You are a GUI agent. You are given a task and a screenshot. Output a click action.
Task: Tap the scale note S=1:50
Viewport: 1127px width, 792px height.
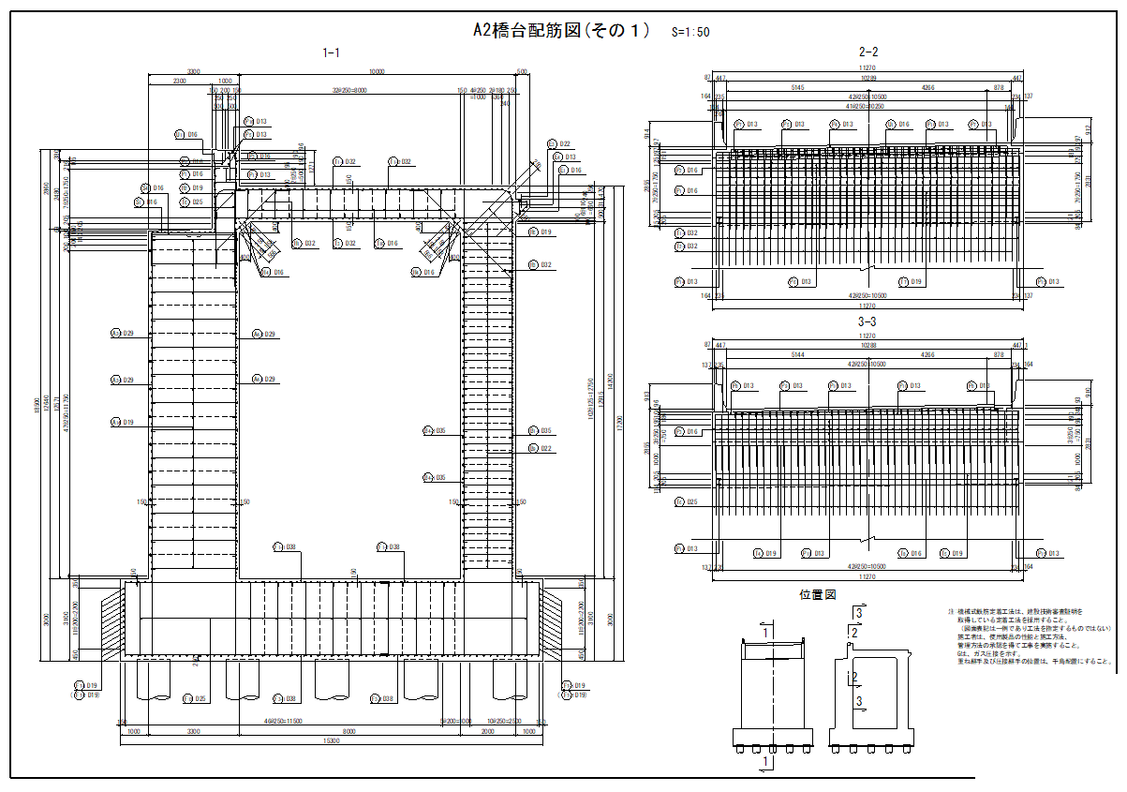coord(690,32)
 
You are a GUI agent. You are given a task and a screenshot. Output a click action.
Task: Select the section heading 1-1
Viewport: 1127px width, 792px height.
coord(331,53)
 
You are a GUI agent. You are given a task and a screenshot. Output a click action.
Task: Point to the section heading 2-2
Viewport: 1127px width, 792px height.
coord(867,52)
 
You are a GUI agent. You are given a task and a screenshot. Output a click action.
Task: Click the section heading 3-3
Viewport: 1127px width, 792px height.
coord(867,321)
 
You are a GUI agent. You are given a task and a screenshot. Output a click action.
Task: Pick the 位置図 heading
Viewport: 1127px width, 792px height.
coord(817,594)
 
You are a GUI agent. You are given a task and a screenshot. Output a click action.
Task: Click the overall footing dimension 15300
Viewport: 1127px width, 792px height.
coord(331,741)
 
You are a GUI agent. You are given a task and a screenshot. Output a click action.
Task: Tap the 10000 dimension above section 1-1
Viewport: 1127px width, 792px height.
coord(378,72)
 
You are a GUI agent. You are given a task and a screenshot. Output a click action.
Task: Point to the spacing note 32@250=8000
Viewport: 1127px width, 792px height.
coord(348,91)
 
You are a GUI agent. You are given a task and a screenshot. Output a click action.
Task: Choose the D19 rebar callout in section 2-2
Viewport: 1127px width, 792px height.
coord(914,282)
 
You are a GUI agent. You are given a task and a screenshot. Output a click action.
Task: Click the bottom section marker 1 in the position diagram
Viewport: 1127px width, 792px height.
coord(767,763)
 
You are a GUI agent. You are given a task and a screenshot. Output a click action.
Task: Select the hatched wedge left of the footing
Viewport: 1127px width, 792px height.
coord(111,620)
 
